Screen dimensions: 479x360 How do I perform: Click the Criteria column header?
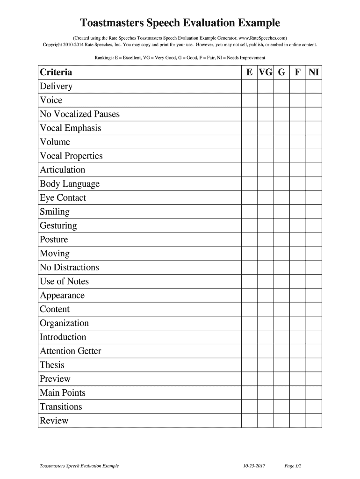coord(56,72)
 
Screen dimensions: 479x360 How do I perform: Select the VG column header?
coord(265,72)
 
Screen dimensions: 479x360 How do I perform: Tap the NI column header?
coord(314,72)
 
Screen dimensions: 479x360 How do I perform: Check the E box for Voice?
coord(249,100)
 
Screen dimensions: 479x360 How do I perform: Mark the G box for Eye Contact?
coord(281,198)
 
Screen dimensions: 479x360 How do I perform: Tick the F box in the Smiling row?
coord(298,212)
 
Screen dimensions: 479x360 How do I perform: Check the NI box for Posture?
coord(314,239)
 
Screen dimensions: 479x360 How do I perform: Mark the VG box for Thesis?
coord(265,365)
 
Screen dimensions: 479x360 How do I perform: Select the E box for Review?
coord(249,421)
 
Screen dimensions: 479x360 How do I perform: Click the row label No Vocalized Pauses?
coord(79,114)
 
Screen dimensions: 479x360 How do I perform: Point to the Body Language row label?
coord(70,184)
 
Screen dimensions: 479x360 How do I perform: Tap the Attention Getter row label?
coord(70,351)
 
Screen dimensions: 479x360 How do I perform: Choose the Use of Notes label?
coord(64,281)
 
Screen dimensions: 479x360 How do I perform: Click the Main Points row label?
coord(63,393)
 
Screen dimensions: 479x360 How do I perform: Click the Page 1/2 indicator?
coord(293,466)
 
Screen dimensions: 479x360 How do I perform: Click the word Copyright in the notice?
coord(53,45)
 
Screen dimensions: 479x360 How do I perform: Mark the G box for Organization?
coord(281,323)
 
